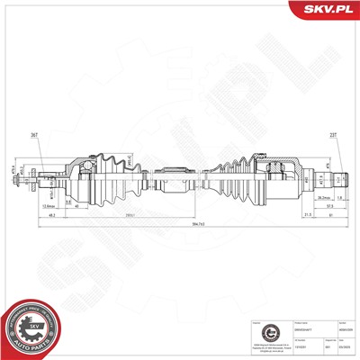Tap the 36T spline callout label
coord(34,134)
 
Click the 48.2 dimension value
coord(54,216)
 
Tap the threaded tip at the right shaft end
coord(339,175)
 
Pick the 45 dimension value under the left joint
coord(76,206)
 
